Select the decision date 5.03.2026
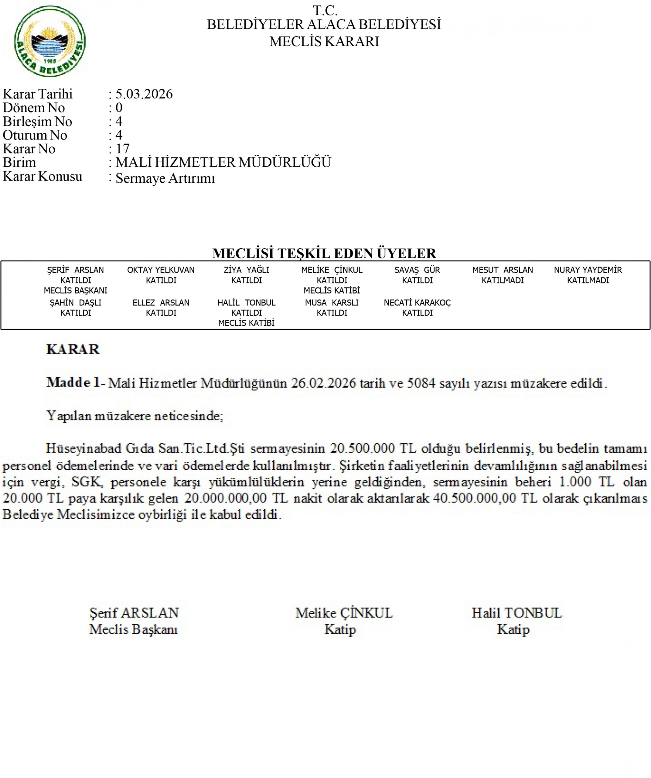(144, 94)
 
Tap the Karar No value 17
(122, 149)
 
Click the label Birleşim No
(37, 122)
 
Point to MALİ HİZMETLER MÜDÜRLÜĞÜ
(223, 163)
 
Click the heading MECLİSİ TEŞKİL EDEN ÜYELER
(324, 253)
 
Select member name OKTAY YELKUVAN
(161, 270)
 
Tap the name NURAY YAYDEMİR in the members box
(588, 270)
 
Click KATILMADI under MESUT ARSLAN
(503, 281)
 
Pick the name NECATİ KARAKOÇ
(417, 303)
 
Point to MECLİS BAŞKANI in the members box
(76, 291)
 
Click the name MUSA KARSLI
(332, 303)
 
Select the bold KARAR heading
(73, 349)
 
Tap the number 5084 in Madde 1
(421, 383)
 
